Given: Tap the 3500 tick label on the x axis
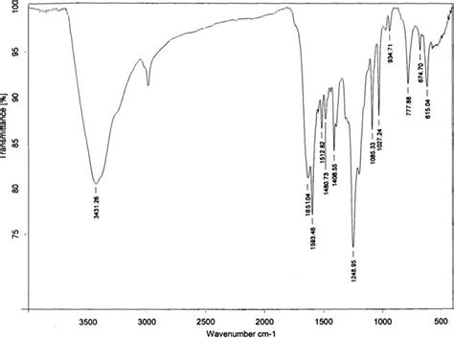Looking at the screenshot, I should [89, 322].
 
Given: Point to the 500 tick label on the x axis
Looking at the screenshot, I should [441, 322].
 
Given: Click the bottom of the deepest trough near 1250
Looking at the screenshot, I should [353, 247].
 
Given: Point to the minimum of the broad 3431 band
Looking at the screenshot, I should [95, 182].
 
